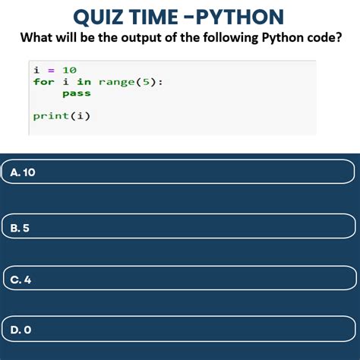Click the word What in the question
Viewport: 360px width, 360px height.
[x=36, y=37]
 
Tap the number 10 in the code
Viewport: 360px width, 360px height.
[x=70, y=70]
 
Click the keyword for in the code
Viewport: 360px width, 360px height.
[x=44, y=81]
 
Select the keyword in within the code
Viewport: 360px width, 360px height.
[x=84, y=81]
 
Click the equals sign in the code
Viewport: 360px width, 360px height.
[x=52, y=70]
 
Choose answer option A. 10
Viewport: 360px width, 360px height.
[x=178, y=172]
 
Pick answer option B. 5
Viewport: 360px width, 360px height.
[x=178, y=226]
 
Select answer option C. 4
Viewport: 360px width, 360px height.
[x=178, y=279]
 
